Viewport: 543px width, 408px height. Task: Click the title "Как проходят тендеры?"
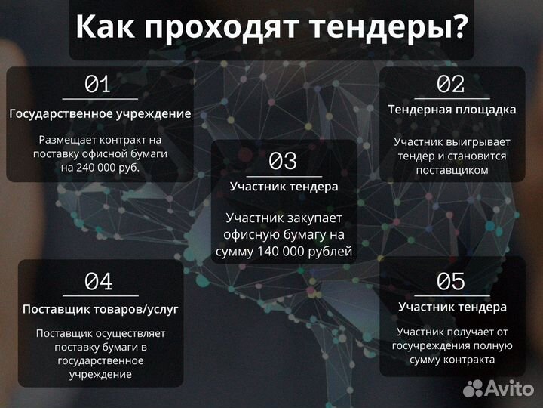(271, 28)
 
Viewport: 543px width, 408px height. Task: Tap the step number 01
(98, 84)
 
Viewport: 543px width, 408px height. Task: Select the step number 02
(451, 84)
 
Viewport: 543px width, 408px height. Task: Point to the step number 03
(284, 161)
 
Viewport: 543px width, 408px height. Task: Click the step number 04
(99, 282)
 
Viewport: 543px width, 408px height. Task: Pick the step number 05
(451, 281)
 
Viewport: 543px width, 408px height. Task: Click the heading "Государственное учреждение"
(100, 114)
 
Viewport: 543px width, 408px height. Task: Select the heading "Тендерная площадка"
(452, 110)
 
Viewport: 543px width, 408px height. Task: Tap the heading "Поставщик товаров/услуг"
(100, 310)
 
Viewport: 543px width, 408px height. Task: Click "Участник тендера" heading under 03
(284, 186)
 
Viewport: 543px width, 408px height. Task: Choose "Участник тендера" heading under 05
(452, 307)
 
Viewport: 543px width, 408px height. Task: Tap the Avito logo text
(511, 388)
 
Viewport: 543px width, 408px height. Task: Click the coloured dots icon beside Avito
(473, 388)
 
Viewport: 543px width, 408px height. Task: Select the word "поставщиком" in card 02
(452, 170)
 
